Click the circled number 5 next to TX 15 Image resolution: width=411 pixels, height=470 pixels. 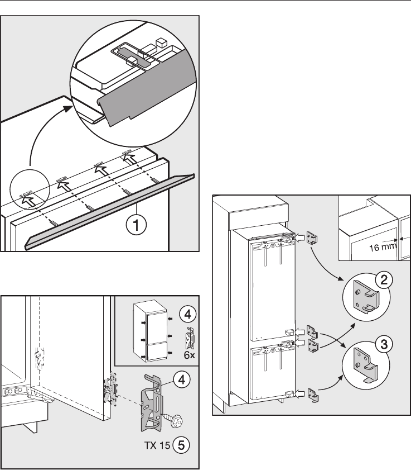click(x=181, y=445)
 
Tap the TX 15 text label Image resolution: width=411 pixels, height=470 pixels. click(x=157, y=445)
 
